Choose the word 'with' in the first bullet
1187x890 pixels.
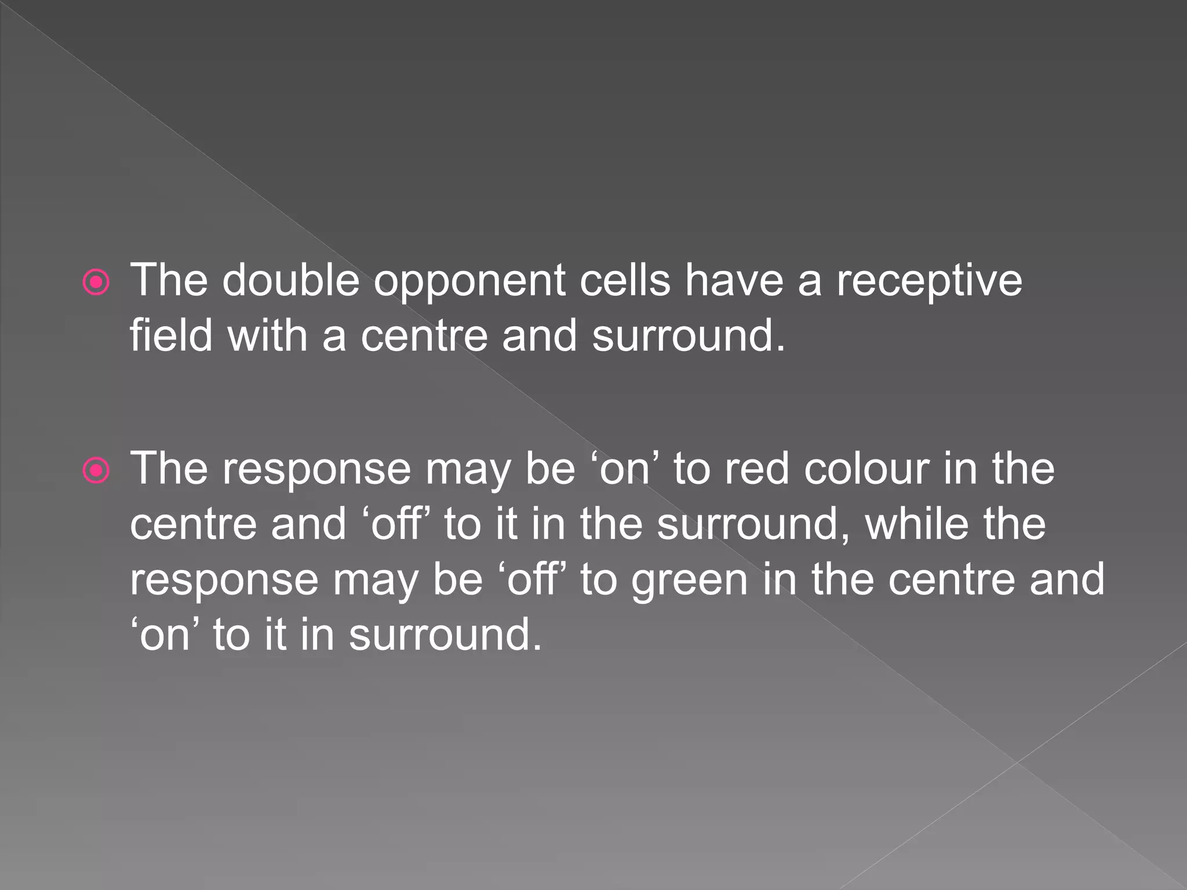(x=267, y=336)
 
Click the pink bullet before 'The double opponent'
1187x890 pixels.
(x=96, y=283)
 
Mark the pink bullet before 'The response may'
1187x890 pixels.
(x=96, y=470)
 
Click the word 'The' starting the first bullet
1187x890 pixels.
(x=169, y=281)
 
